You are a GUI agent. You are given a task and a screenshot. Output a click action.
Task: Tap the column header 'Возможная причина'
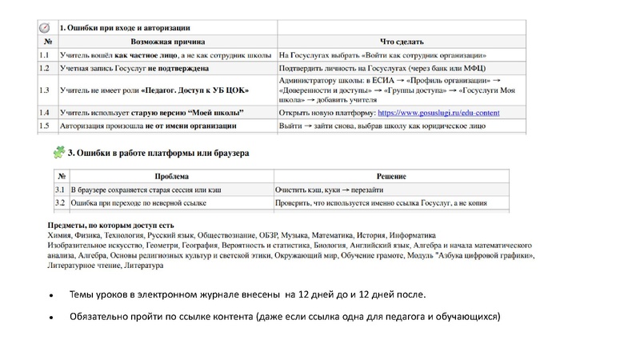pyautogui.click(x=167, y=42)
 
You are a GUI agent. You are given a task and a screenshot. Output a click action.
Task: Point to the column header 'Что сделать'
pyautogui.click(x=402, y=42)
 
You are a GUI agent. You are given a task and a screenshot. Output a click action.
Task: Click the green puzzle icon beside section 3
pyautogui.click(x=58, y=151)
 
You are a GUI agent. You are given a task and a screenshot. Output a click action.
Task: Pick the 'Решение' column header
pyautogui.click(x=392, y=176)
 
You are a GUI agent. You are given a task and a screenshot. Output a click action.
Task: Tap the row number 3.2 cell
pyautogui.click(x=60, y=203)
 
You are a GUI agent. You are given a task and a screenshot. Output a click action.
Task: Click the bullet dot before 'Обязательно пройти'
pyautogui.click(x=50, y=318)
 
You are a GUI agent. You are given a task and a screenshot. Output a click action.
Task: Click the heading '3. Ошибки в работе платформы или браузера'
pyautogui.click(x=159, y=152)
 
